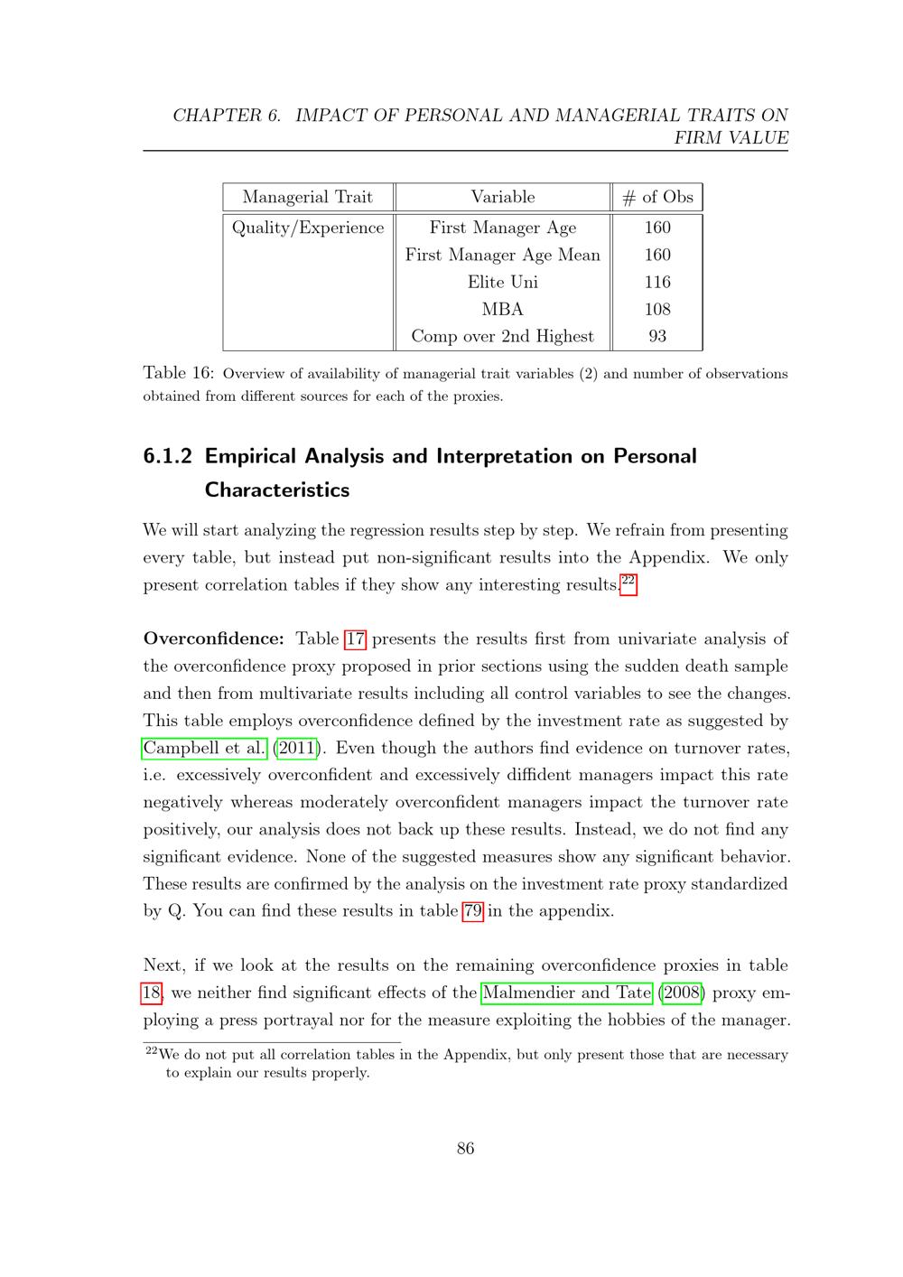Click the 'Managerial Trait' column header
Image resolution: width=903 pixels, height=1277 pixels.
(x=307, y=197)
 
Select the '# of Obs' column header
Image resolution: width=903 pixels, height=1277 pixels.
(x=657, y=197)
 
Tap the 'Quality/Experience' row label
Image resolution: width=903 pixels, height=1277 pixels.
(x=308, y=228)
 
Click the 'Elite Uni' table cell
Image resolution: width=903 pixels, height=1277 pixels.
(x=502, y=282)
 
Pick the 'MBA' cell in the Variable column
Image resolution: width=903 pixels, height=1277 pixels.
(x=502, y=309)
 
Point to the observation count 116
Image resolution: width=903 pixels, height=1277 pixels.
(x=657, y=282)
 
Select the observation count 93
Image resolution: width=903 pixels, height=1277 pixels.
(x=657, y=336)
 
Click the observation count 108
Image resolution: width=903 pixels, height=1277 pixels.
(x=657, y=309)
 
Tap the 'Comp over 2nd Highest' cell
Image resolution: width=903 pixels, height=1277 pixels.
(x=502, y=336)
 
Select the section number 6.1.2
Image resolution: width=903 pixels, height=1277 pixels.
(x=168, y=456)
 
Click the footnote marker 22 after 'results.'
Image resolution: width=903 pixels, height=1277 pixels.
(x=628, y=581)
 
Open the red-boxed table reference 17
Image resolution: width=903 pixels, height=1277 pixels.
(x=356, y=639)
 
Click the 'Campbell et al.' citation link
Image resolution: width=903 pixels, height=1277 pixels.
(x=205, y=748)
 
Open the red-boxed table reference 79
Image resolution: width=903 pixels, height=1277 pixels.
(x=472, y=910)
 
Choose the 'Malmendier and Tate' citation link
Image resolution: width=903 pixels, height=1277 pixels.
(x=567, y=993)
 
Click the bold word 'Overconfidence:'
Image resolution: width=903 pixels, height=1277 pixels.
(x=214, y=639)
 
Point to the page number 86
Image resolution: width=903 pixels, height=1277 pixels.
(x=466, y=1149)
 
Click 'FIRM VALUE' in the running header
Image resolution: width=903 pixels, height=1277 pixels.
(x=731, y=138)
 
